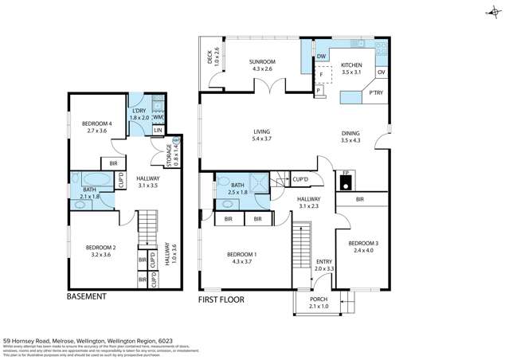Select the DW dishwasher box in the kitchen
[x=321, y=57]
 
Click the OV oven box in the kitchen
[x=381, y=73]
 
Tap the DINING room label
[x=350, y=136]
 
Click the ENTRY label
[x=323, y=265]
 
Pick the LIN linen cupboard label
[x=158, y=131]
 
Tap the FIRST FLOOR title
[x=221, y=299]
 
